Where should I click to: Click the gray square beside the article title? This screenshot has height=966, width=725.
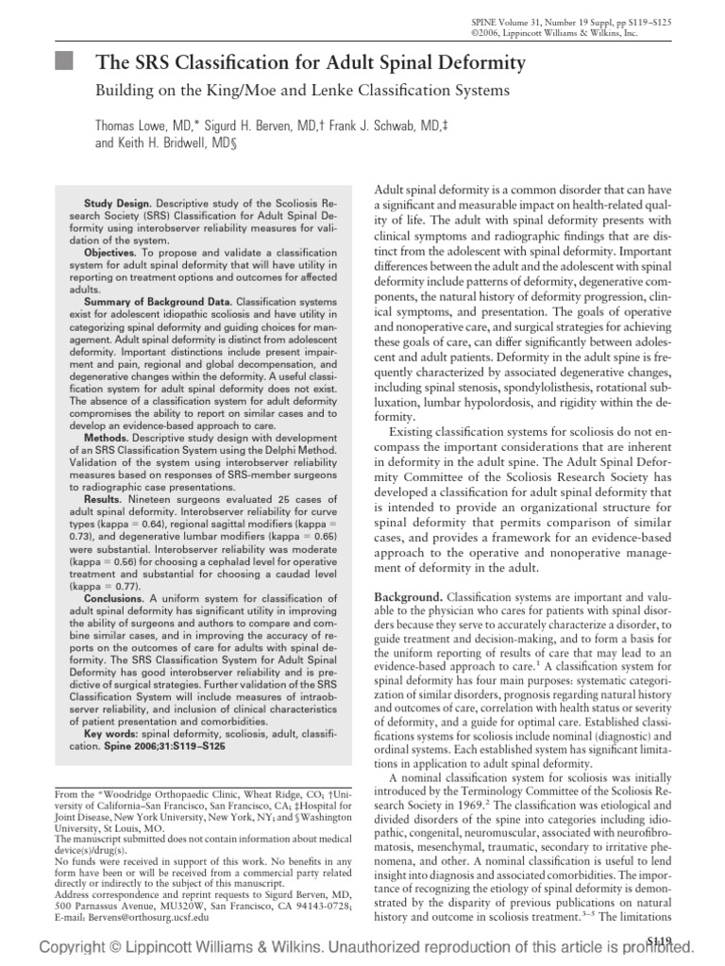tap(62, 63)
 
